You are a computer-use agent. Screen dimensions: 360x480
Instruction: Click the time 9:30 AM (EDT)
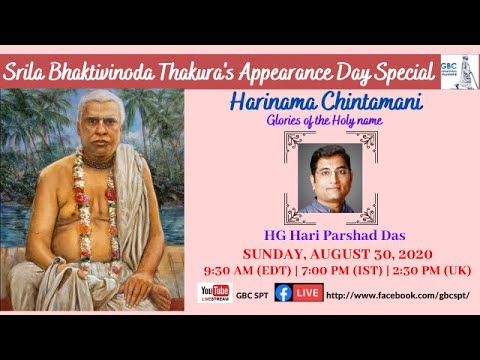click(240, 270)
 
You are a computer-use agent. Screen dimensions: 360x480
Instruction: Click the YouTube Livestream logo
click(214, 294)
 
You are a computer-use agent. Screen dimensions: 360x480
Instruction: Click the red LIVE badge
click(308, 294)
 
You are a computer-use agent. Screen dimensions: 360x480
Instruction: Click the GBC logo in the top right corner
click(456, 70)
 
